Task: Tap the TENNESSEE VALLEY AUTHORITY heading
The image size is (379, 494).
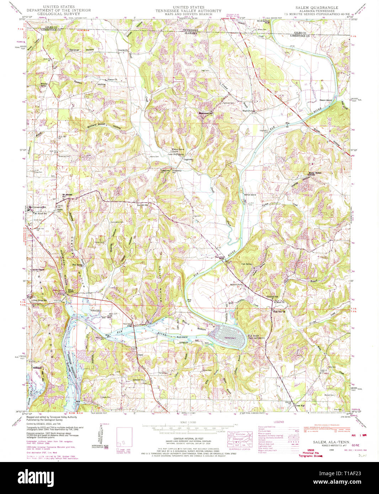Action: [x=188, y=11]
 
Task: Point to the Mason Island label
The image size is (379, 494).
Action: [x=325, y=100]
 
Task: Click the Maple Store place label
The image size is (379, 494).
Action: [x=247, y=111]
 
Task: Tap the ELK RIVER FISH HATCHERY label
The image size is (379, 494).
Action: [x=256, y=337]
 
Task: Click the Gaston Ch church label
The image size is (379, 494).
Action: [x=112, y=80]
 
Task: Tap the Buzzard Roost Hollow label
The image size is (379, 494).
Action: [x=104, y=125]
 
